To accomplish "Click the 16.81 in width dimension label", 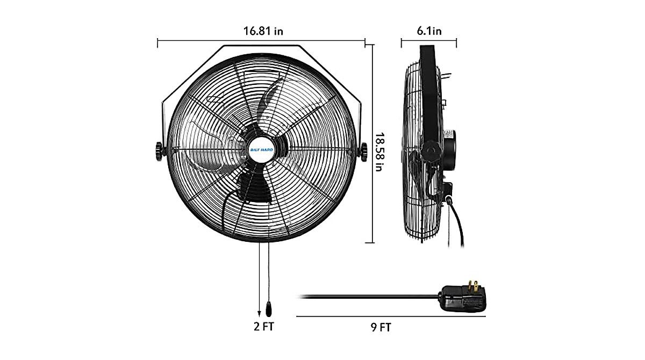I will click(263, 31).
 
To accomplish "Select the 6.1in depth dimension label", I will click(429, 31).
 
